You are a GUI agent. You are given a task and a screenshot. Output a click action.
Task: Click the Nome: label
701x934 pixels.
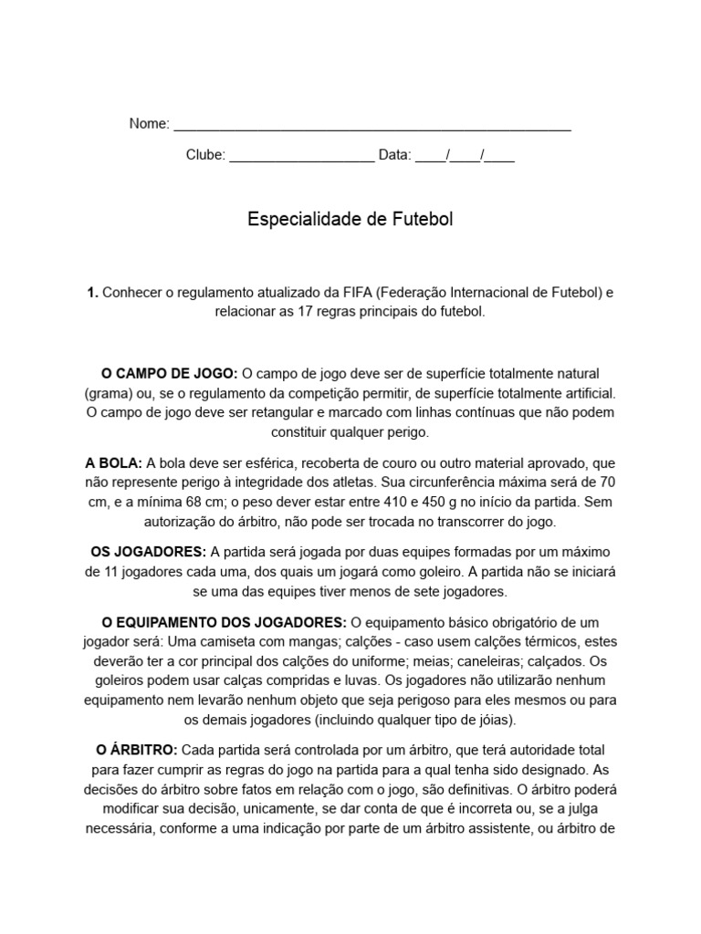click(149, 124)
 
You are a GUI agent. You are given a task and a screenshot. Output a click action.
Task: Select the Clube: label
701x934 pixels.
click(205, 155)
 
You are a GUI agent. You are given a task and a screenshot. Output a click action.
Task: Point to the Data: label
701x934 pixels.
click(394, 155)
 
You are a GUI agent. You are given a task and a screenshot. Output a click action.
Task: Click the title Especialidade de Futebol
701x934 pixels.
click(350, 220)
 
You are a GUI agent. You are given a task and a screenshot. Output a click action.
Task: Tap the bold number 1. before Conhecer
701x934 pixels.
click(92, 293)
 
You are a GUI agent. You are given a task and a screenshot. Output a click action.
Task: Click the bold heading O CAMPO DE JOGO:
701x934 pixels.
click(170, 373)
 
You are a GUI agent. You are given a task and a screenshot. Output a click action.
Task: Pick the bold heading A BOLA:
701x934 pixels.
click(113, 462)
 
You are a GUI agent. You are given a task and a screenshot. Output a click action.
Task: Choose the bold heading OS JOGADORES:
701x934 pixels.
click(149, 552)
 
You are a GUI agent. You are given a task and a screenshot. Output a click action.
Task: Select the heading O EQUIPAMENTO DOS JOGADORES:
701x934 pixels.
click(224, 622)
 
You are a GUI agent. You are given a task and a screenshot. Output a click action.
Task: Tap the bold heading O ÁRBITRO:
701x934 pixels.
click(137, 750)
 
